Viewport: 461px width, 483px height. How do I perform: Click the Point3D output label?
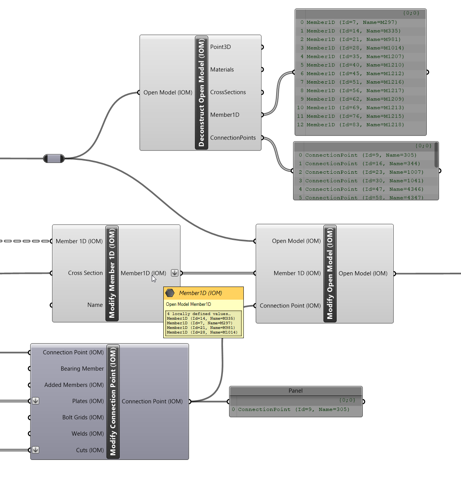tap(220, 47)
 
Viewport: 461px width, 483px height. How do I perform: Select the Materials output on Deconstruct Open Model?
tap(222, 70)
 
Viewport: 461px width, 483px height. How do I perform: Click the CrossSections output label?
tap(228, 92)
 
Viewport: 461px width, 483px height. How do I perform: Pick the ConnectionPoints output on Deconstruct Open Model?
tap(233, 138)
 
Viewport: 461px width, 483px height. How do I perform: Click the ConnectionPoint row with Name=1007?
tap(364, 172)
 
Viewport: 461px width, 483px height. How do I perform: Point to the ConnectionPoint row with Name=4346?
tap(364, 189)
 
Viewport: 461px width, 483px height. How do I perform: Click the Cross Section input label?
tap(85, 273)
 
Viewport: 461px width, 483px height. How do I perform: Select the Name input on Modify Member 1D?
tap(95, 305)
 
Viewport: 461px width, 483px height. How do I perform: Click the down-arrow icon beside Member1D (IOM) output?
tap(174, 273)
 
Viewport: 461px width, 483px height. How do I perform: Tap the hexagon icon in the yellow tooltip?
tap(170, 293)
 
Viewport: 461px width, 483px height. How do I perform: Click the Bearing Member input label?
tap(82, 369)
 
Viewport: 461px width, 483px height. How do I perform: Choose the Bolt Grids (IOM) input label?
tap(83, 418)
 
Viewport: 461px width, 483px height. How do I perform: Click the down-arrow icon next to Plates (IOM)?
tap(35, 401)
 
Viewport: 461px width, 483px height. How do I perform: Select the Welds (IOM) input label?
tap(87, 434)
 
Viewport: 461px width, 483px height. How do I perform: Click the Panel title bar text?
tap(295, 391)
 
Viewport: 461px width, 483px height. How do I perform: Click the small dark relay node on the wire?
tap(54, 158)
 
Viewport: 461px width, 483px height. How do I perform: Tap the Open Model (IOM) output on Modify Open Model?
tap(363, 273)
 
